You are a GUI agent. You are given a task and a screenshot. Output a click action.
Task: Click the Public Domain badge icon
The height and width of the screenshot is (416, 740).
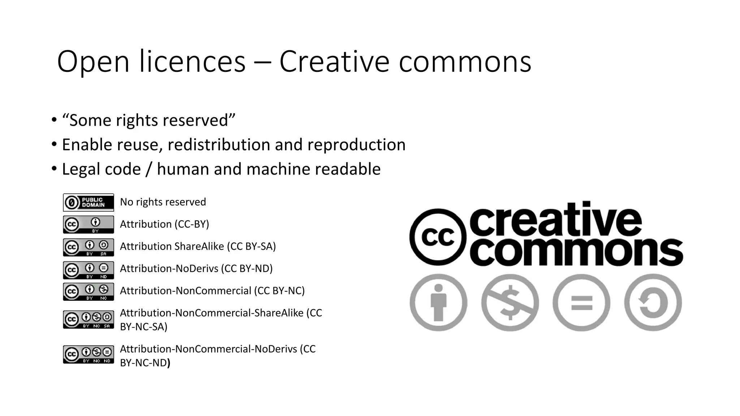click(88, 202)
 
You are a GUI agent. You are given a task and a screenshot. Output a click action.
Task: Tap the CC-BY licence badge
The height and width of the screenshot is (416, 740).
click(88, 225)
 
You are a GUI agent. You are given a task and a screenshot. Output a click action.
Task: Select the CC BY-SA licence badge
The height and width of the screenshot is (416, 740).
click(88, 247)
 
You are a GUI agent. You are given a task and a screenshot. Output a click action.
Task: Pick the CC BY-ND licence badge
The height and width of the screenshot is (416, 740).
click(88, 270)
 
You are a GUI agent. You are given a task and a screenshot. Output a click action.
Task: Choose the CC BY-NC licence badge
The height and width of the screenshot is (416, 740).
click(88, 291)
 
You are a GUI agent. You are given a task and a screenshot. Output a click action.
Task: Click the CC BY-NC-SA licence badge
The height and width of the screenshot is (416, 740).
click(88, 320)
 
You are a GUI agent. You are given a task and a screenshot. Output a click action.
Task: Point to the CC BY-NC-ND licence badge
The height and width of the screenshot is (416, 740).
click(88, 354)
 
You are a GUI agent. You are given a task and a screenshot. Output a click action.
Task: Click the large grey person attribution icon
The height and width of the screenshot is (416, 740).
click(438, 302)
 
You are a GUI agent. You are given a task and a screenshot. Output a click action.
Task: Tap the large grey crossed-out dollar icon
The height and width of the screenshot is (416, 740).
click(510, 302)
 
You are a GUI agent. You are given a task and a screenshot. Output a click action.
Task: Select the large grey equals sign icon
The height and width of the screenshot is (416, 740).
click(581, 302)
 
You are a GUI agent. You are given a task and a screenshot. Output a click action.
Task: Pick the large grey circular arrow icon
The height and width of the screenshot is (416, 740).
click(653, 302)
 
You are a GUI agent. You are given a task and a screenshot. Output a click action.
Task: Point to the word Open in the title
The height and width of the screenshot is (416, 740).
click(93, 62)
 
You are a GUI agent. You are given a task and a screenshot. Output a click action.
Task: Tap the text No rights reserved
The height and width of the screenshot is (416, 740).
click(163, 202)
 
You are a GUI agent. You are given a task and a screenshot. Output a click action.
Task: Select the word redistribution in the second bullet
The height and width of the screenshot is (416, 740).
click(219, 145)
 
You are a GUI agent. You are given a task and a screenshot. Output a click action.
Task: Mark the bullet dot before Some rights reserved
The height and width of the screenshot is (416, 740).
click(54, 120)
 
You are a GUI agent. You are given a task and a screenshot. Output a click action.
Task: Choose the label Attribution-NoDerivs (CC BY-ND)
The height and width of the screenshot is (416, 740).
click(196, 269)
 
